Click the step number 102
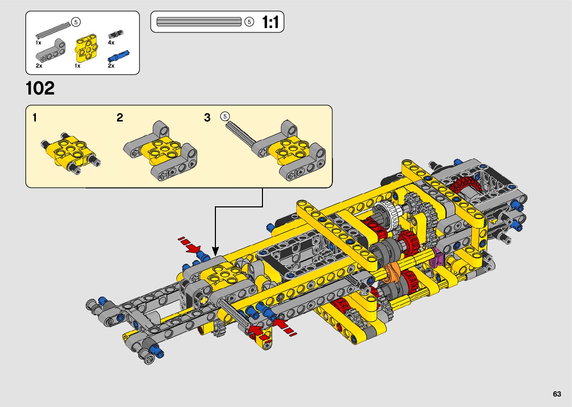click(40, 88)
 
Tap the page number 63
click(557, 394)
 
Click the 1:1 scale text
click(270, 22)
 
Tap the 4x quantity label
click(111, 43)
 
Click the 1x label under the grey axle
click(38, 43)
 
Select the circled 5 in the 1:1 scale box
click(249, 22)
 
